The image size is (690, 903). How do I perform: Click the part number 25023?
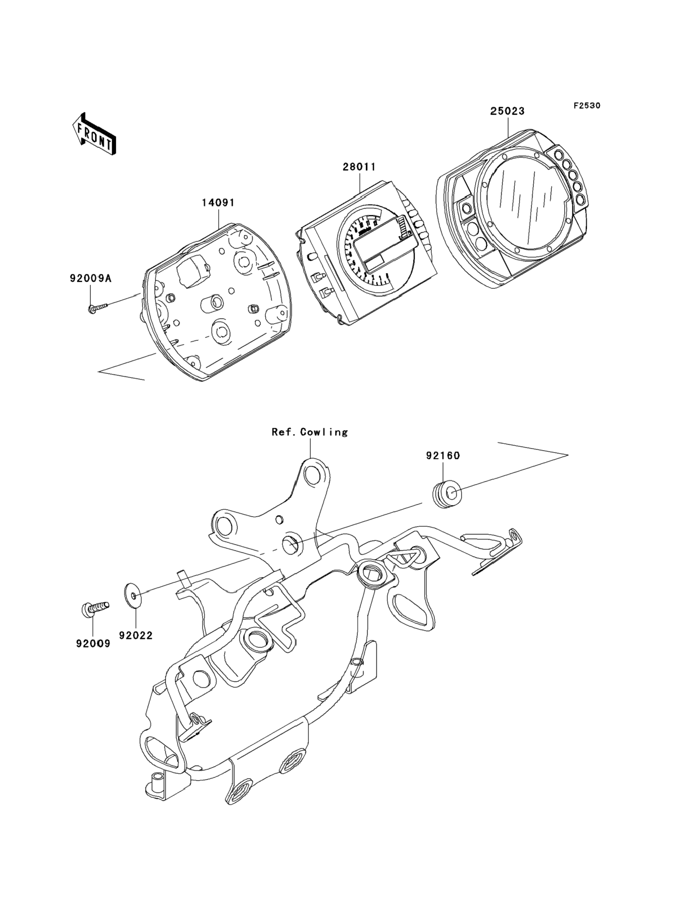(x=507, y=111)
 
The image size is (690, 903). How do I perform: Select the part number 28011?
(x=360, y=167)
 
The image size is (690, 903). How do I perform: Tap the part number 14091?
(x=218, y=203)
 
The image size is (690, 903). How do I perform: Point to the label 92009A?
(x=90, y=279)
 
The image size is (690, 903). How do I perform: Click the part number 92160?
(x=443, y=456)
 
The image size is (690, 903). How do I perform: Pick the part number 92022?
(x=136, y=635)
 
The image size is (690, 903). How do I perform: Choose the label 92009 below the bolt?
(x=93, y=643)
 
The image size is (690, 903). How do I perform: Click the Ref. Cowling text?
(x=310, y=432)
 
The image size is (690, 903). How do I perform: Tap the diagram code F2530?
(x=587, y=106)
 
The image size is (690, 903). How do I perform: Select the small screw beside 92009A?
(x=97, y=307)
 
